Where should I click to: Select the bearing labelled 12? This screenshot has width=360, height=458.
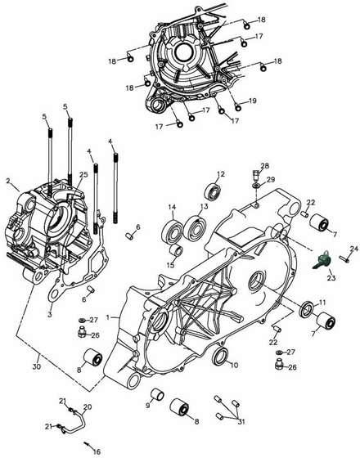click(213, 191)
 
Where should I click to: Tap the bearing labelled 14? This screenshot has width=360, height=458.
click(172, 233)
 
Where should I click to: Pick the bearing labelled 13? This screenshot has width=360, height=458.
click(194, 228)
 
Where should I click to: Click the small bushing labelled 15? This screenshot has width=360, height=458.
click(176, 251)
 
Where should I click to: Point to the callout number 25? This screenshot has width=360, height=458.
click(83, 175)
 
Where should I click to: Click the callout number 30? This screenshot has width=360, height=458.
click(36, 366)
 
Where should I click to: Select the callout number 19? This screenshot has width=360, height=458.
click(253, 101)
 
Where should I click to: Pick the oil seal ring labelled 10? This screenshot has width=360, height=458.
click(221, 357)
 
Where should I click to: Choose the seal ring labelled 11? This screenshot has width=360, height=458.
click(307, 308)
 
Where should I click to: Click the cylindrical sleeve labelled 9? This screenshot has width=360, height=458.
click(157, 395)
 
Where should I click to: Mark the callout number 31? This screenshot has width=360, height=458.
click(241, 422)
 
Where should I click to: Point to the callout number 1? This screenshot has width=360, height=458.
click(108, 317)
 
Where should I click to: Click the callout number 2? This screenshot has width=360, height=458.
click(8, 181)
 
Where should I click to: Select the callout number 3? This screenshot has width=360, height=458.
click(50, 314)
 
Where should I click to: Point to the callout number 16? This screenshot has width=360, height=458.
click(97, 451)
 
